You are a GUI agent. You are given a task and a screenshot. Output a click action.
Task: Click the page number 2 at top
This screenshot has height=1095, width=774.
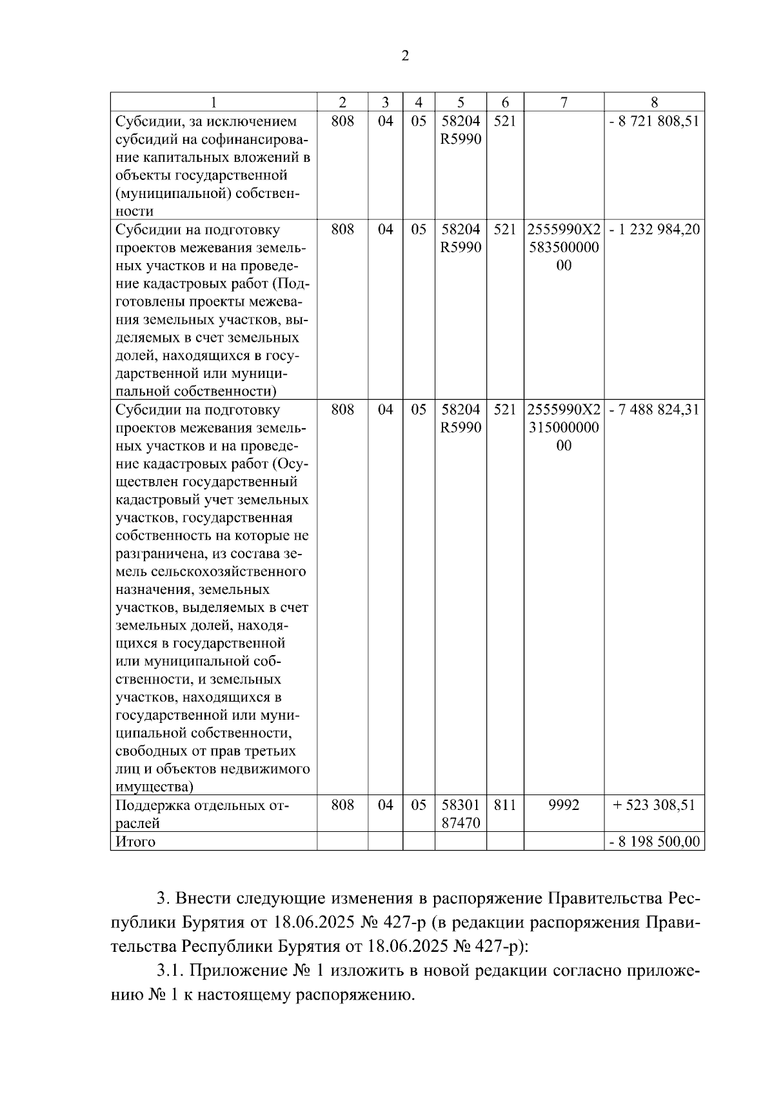(x=404, y=56)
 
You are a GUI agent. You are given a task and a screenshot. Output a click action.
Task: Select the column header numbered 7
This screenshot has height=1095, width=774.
(x=564, y=103)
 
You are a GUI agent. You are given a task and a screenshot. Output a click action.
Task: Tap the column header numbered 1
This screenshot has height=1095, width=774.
(x=213, y=103)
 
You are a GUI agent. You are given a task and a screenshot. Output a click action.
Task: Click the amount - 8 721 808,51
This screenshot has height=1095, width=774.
(x=654, y=121)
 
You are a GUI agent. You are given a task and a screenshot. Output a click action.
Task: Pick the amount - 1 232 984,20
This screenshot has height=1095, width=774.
(x=654, y=230)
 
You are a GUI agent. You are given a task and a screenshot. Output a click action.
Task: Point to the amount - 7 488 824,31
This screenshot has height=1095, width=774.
(x=654, y=409)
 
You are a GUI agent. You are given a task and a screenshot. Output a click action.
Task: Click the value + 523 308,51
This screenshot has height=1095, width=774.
(x=654, y=805)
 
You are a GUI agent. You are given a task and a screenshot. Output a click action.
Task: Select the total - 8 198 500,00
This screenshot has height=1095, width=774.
(x=654, y=842)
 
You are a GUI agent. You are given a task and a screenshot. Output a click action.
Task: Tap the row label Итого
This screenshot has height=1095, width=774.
(x=135, y=842)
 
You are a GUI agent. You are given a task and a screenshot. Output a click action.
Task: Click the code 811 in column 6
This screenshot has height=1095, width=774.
(x=504, y=805)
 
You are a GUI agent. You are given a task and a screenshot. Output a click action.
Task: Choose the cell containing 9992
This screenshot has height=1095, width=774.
(x=564, y=805)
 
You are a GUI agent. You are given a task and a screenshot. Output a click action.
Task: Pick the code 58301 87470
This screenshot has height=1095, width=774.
(x=461, y=814)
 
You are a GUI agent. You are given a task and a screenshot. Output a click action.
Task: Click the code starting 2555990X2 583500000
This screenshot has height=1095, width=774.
(x=564, y=248)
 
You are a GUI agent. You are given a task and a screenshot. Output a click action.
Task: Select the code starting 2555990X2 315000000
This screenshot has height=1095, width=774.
(x=564, y=428)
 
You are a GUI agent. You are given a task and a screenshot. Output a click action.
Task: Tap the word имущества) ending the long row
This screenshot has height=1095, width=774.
(x=154, y=787)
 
